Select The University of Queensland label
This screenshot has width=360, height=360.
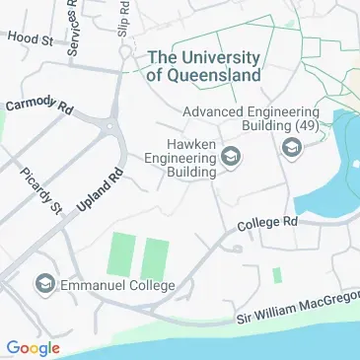(x=203, y=65)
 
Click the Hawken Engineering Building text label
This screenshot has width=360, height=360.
(x=179, y=158)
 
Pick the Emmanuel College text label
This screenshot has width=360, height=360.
(x=117, y=286)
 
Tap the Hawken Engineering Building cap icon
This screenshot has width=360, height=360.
(x=232, y=156)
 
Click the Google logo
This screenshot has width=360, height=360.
(x=33, y=346)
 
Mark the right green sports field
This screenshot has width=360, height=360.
(x=154, y=259)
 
